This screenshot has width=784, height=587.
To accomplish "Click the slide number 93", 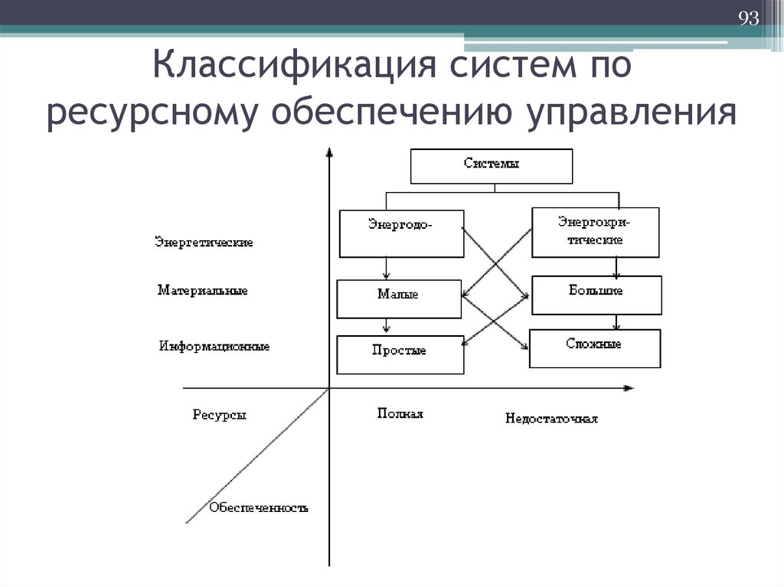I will coord(748,18).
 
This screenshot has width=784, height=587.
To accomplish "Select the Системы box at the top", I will coord(492,165).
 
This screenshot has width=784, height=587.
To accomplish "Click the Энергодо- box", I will coord(400,233).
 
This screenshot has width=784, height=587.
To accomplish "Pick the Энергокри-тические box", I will coord(594,231).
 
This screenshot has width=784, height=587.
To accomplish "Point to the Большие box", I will coord(595,295).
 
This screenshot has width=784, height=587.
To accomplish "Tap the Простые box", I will coord(400,354).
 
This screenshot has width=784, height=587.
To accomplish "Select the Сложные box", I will coord(594,348).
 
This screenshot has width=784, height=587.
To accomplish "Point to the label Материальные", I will coord(203,291).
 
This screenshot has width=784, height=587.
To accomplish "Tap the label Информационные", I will coord(215,346).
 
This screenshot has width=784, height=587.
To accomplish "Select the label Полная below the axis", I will coord(400,413).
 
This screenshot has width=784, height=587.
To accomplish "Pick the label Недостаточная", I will coord(551,419).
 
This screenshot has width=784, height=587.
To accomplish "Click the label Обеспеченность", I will coord(259,507).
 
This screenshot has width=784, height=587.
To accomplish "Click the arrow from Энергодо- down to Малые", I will coord(387,269).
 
